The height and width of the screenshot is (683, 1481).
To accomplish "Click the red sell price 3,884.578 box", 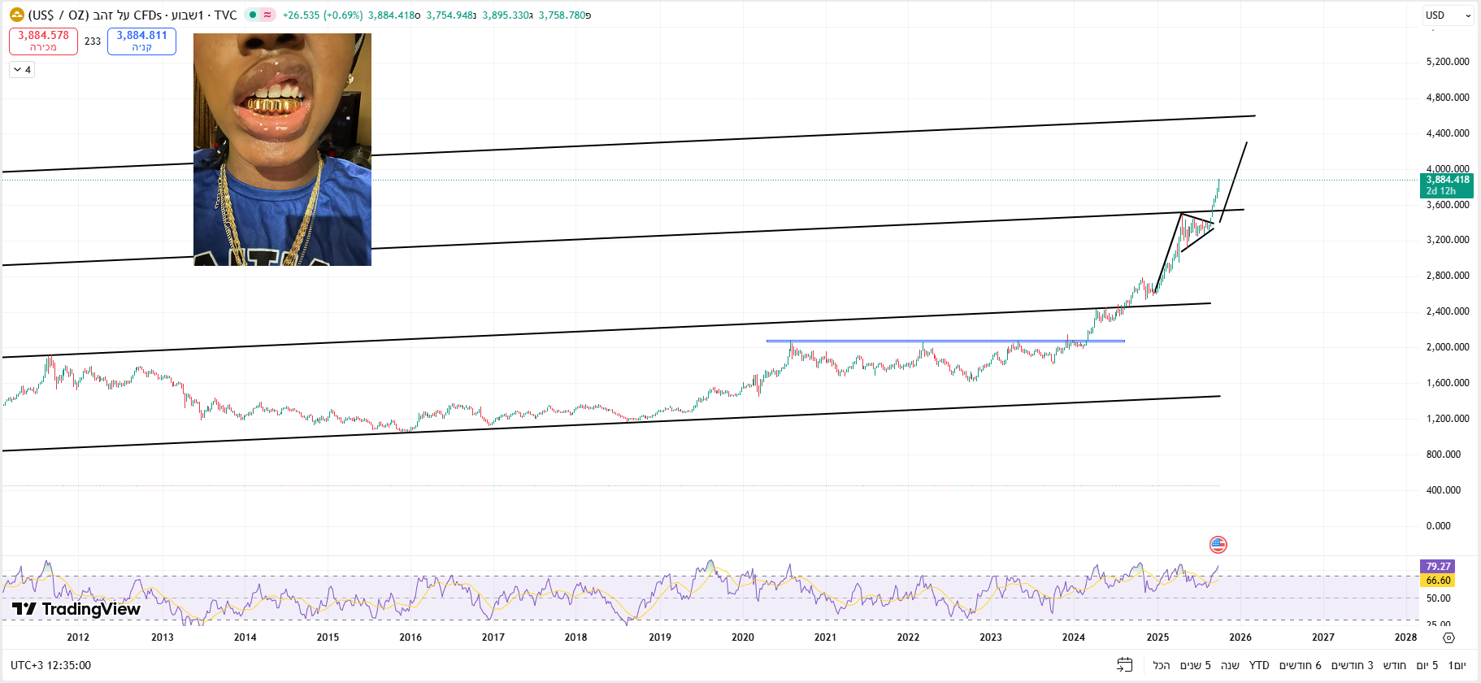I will (43, 41).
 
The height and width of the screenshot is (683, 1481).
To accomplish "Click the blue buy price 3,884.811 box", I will (141, 41).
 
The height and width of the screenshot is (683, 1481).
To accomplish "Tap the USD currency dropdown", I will (1448, 15).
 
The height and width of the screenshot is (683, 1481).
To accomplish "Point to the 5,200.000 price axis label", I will (1447, 62).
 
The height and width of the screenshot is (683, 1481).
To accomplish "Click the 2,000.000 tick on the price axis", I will (1447, 347).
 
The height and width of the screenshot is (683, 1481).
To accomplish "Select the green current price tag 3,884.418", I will (1446, 185).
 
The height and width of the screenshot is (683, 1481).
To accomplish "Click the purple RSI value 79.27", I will (1437, 567).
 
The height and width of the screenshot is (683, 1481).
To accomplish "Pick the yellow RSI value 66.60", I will (1437, 581).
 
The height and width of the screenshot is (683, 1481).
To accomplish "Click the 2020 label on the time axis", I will (742, 637).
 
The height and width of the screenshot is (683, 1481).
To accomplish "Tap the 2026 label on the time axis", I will (1240, 637).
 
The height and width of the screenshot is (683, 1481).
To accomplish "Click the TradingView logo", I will (76, 609).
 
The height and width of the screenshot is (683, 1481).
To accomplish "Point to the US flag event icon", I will (1218, 545).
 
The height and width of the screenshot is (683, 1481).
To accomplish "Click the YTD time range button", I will (1258, 665).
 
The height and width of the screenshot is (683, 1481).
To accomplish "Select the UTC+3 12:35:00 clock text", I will (50, 665).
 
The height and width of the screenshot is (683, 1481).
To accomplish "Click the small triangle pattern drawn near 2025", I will (1195, 229).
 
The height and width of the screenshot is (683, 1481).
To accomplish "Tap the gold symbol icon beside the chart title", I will (16, 15).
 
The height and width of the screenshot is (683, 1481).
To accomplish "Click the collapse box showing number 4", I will (22, 70).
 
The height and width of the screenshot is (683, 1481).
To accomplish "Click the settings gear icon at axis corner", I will (1448, 637).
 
